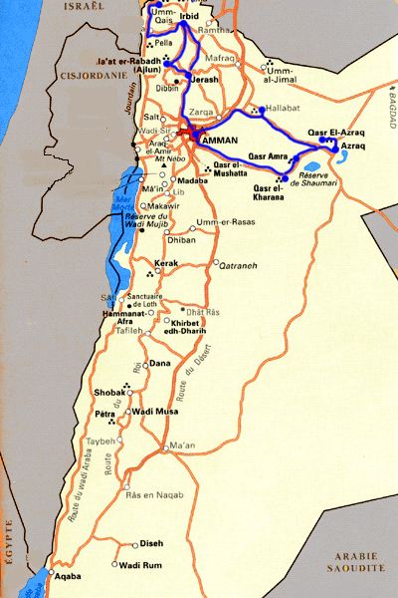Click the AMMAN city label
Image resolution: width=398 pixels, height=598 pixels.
pyautogui.click(x=220, y=142)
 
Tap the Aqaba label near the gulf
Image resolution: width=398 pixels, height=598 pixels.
pyautogui.click(x=66, y=576)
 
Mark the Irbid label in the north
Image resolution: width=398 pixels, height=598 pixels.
pyautogui.click(x=191, y=17)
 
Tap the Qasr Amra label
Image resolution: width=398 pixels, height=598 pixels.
pyautogui.click(x=269, y=156)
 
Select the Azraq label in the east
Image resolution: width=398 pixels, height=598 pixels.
pyautogui.click(x=353, y=147)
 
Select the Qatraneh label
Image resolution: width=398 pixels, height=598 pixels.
pyautogui.click(x=238, y=266)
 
